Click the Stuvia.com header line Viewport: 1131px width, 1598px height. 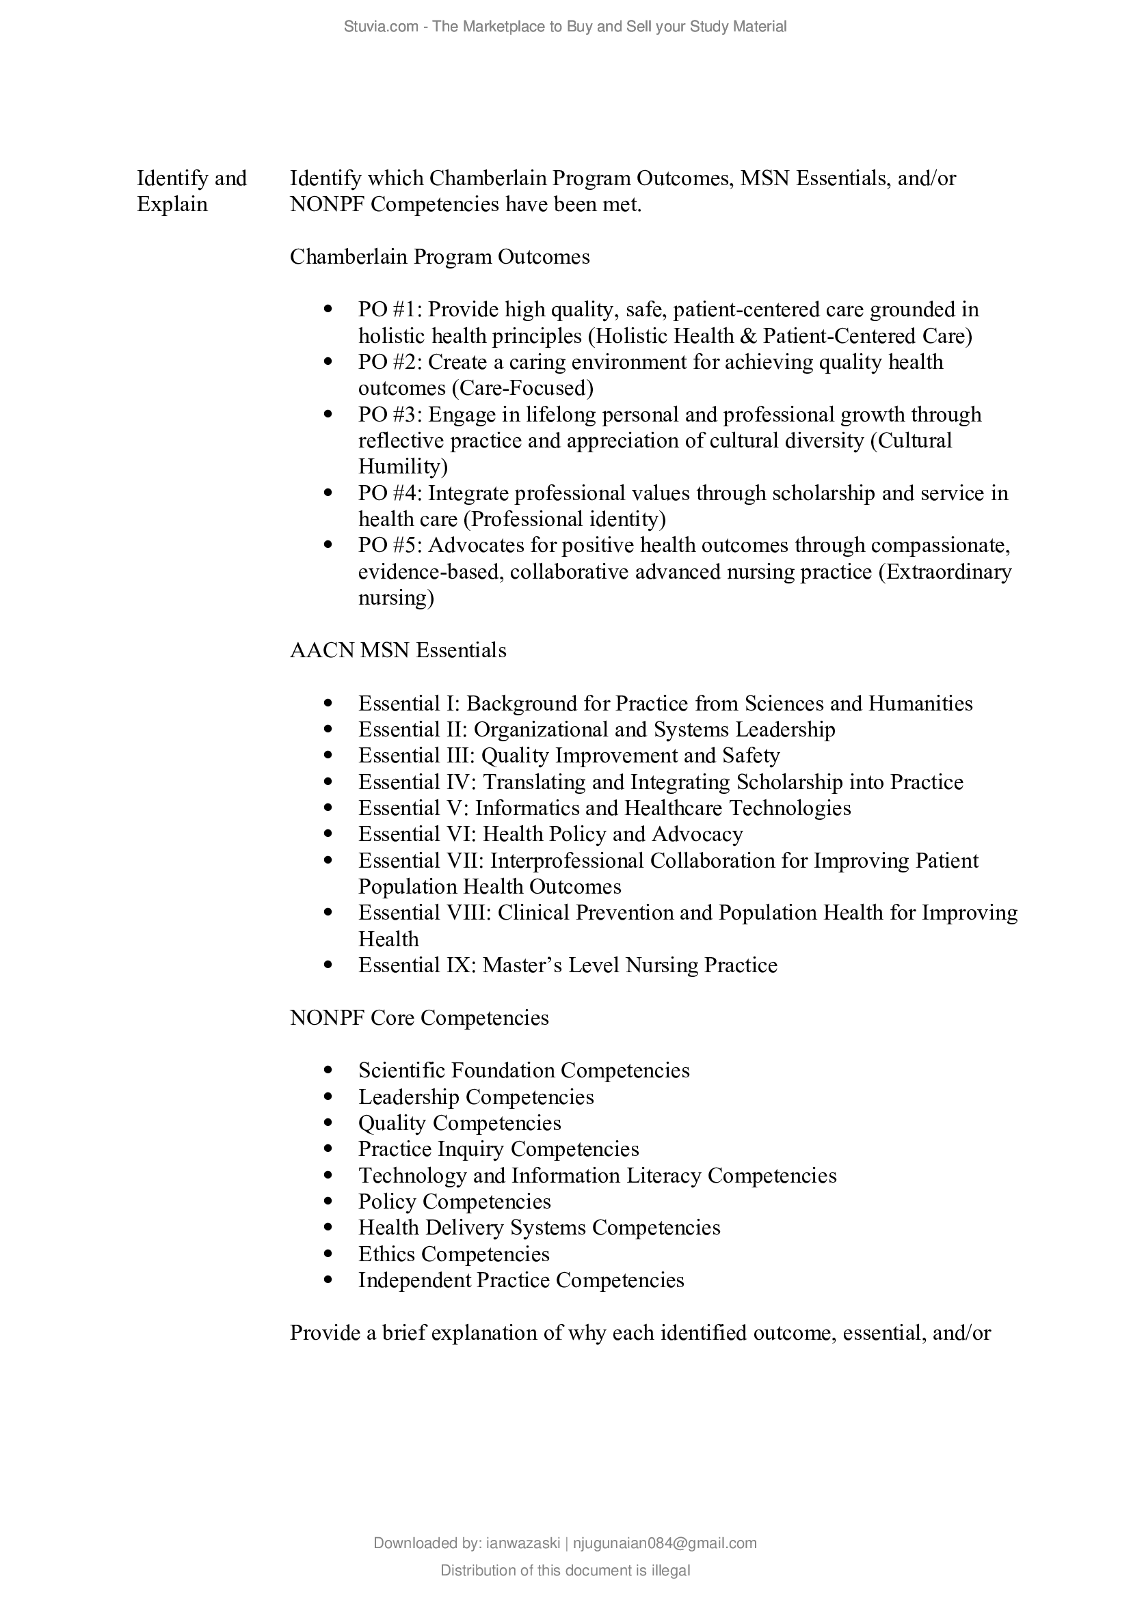[565, 27]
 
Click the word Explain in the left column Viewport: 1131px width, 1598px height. [172, 205]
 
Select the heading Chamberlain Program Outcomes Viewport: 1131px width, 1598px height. [440, 257]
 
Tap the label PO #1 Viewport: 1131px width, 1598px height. [389, 309]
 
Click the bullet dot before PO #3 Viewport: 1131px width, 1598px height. [328, 414]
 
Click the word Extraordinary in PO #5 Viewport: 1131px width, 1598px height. [944, 572]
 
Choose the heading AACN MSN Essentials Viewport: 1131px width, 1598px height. [398, 650]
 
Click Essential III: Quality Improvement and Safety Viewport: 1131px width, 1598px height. [569, 755]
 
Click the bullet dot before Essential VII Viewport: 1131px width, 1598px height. [328, 860]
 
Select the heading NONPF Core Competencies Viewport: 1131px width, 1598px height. [418, 1017]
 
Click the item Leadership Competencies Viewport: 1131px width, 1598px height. [476, 1097]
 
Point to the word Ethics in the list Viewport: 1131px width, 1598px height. [386, 1254]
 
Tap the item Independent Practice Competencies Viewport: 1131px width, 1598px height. [521, 1280]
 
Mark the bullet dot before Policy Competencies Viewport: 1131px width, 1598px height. [328, 1201]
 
